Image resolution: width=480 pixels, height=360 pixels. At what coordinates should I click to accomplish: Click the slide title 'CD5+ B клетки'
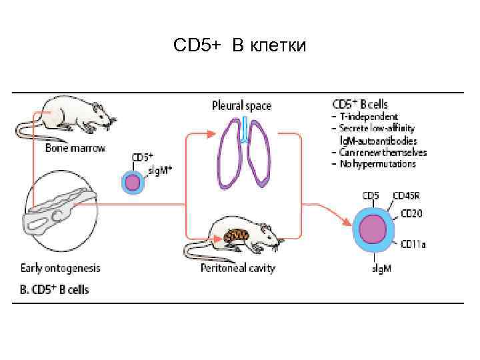click(x=239, y=46)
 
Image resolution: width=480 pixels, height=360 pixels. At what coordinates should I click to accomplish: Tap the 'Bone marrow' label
click(x=75, y=147)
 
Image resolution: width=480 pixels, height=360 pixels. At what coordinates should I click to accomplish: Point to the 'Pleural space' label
click(x=241, y=105)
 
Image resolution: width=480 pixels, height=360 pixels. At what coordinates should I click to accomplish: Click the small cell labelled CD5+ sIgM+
click(x=133, y=182)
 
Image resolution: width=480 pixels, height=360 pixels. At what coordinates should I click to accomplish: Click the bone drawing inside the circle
click(x=59, y=209)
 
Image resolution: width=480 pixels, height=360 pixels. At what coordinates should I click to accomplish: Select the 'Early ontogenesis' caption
click(x=60, y=268)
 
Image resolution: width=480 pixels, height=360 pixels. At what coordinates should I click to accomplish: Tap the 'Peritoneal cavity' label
click(x=237, y=268)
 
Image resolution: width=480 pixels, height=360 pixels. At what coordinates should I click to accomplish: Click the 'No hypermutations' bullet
click(x=377, y=163)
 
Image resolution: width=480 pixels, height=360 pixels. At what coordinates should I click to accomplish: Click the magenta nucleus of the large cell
click(x=374, y=230)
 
